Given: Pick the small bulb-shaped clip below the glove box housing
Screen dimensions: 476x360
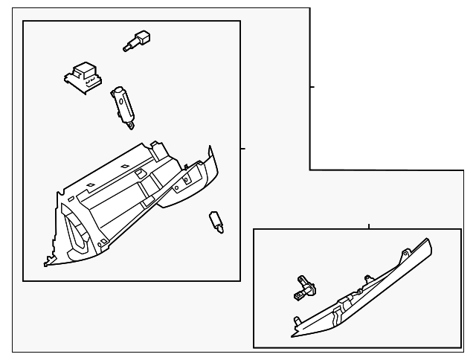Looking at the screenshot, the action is (216, 222).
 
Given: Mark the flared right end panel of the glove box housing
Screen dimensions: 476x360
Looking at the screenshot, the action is (195, 179).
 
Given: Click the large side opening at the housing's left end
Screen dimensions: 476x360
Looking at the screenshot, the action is (74, 227).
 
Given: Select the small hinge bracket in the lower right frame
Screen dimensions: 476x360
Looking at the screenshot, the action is (302, 287).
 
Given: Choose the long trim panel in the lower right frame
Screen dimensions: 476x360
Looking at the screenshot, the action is (364, 294).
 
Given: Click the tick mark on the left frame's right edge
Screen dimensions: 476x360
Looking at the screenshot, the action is (242, 149).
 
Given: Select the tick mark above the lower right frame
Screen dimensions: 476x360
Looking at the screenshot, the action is (370, 225).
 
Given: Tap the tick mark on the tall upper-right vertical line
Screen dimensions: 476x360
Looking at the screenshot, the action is (312, 87).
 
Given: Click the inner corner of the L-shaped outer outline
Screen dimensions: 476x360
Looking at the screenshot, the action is (309, 170).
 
